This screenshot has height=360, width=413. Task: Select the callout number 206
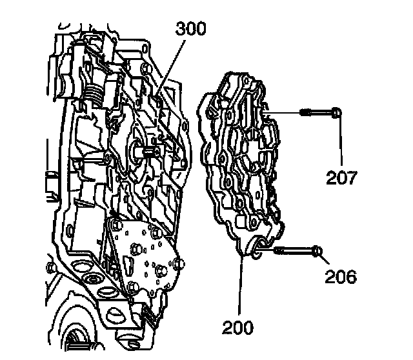(340, 277)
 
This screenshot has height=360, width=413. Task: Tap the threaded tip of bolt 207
(303, 114)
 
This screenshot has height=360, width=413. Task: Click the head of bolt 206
(317, 250)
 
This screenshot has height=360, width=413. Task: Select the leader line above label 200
(241, 284)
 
